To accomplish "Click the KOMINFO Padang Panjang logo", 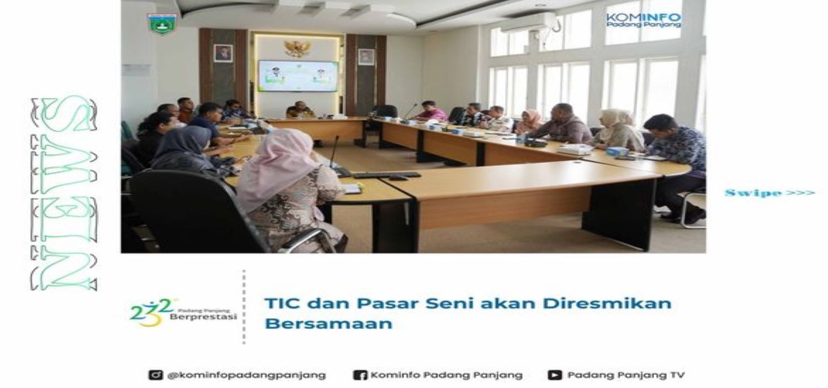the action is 643,20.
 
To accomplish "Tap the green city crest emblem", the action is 162,24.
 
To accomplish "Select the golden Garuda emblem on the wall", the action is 297,48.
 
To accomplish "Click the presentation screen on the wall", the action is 298,76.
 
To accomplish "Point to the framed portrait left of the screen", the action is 223,53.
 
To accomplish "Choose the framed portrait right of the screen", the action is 366,56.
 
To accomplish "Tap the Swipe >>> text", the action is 769,193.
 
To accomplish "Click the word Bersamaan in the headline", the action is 328,323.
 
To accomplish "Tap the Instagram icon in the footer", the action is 156,375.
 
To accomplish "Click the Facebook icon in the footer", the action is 359,375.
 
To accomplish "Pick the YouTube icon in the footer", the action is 555,375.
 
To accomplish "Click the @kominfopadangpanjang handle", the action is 247,375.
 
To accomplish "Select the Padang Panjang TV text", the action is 626,375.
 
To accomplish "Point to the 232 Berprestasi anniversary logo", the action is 183,312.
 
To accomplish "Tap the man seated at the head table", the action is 300,110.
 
